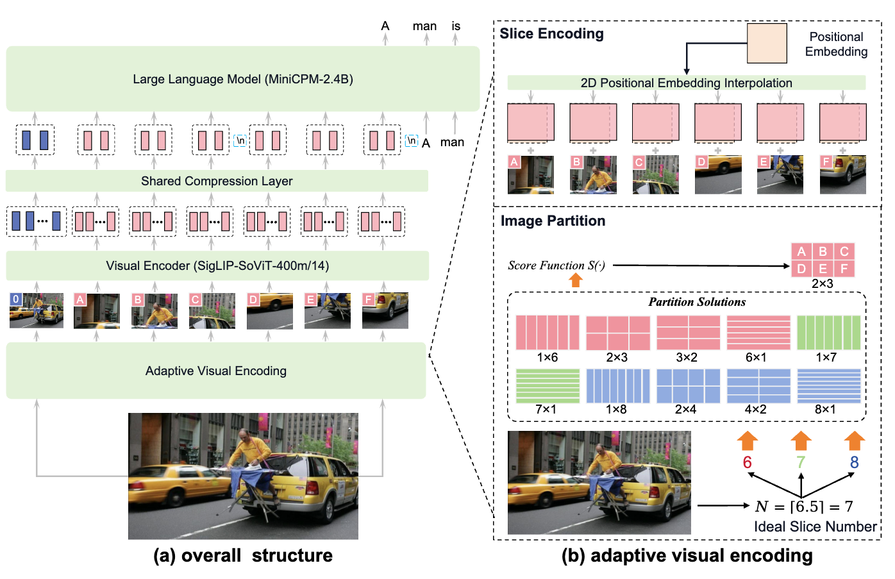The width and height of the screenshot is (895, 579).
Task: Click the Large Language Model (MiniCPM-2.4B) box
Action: click(243, 80)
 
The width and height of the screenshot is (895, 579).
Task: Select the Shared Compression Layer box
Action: click(217, 181)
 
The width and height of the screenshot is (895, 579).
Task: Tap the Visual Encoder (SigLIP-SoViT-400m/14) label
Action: click(217, 265)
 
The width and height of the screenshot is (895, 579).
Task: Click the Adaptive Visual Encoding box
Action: click(216, 371)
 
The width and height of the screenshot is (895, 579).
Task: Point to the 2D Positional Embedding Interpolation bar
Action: click(686, 83)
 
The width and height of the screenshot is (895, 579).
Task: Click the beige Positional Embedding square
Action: click(767, 44)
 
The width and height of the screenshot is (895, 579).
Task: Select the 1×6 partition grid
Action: click(548, 333)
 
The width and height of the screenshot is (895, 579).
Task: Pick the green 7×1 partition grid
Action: click(548, 385)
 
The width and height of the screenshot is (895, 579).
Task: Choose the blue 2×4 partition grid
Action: click(688, 385)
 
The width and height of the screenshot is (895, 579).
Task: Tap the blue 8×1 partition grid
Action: click(828, 385)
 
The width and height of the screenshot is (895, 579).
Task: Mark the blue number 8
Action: click(854, 462)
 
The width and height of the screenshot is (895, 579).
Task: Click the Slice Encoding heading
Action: click(551, 34)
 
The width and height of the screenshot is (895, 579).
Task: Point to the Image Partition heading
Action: click(553, 221)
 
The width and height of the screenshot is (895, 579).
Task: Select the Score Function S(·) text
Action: click(556, 265)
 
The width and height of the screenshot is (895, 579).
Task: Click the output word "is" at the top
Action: click(456, 26)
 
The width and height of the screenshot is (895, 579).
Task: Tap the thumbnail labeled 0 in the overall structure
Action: click(37, 311)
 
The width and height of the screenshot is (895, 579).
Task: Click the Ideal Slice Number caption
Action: click(815, 526)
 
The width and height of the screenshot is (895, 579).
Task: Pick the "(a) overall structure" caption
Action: click(243, 555)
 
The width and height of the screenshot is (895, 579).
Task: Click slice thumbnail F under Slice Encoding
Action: click(842, 174)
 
